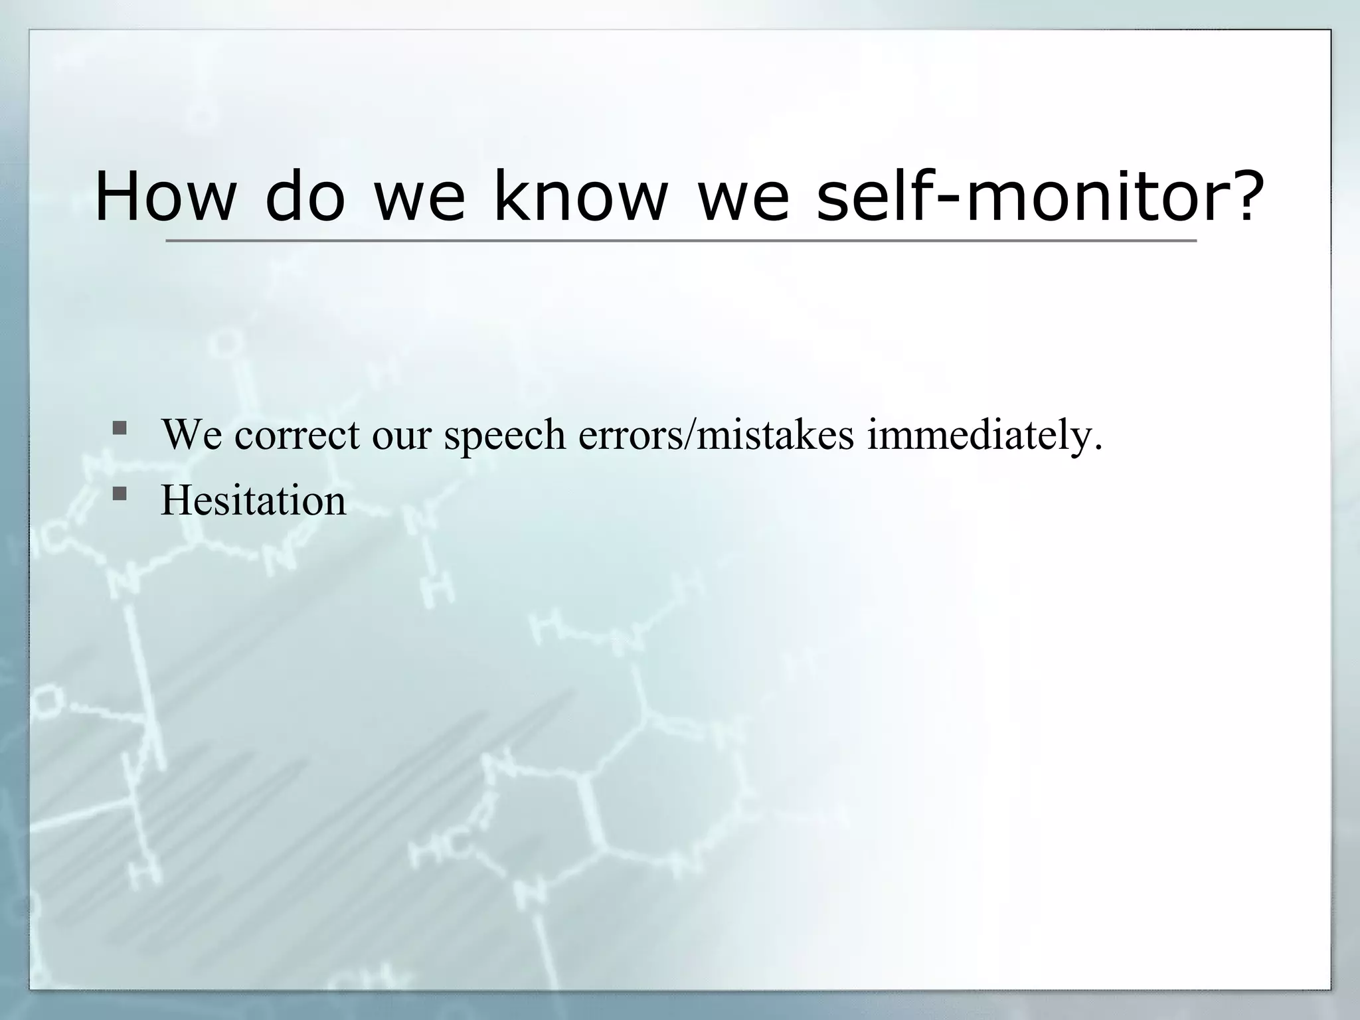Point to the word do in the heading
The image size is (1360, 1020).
point(305,197)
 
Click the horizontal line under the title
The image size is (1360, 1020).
point(681,240)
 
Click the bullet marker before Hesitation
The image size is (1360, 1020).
point(120,493)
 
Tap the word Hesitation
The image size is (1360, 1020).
point(253,501)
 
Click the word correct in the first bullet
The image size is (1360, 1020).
point(297,436)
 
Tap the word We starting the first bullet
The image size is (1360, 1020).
point(192,436)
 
